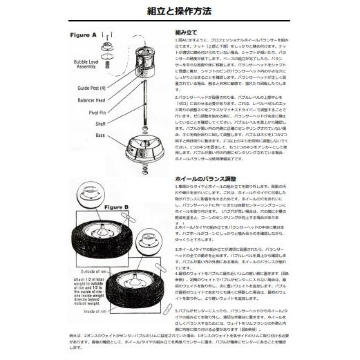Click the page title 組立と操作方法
[180, 12]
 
